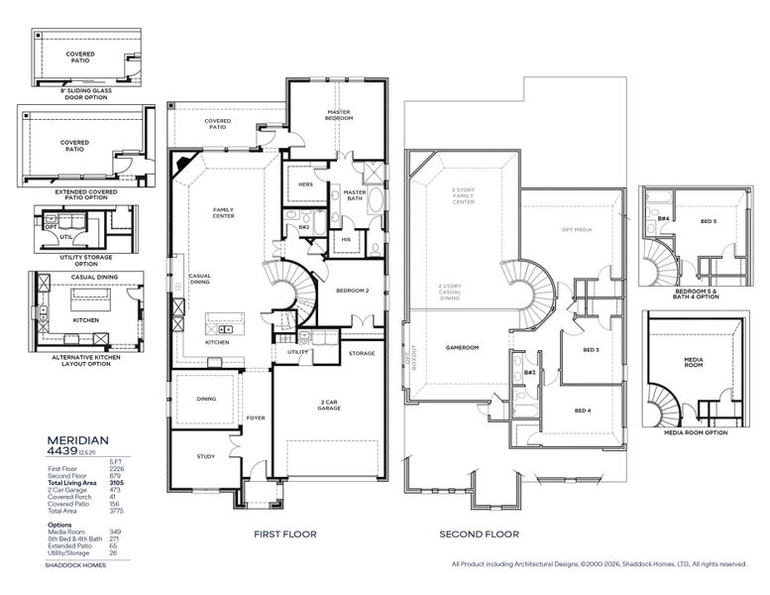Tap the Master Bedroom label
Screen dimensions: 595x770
point(340,115)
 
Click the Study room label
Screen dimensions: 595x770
point(205,456)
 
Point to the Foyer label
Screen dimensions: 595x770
point(256,417)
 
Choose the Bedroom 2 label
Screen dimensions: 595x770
point(352,291)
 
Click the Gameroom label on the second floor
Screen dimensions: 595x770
point(462,348)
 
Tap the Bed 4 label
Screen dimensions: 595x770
point(583,410)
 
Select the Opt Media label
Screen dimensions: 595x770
point(576,229)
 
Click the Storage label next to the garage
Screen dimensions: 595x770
point(362,352)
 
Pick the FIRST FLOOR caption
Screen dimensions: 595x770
point(284,535)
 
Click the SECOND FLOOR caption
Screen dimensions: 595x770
point(480,535)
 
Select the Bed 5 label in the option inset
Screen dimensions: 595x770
point(708,221)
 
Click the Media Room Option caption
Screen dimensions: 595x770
point(695,432)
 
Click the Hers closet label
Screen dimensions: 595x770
point(305,183)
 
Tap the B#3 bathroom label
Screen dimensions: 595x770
point(529,372)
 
